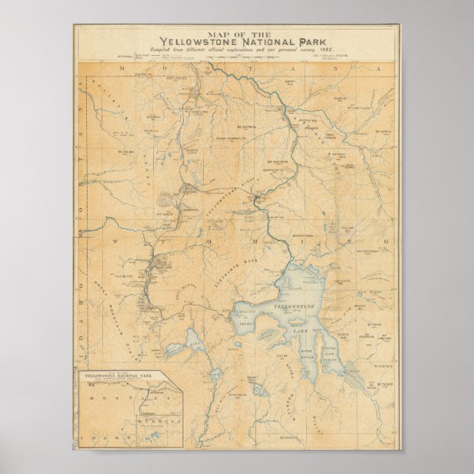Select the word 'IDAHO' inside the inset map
coord(93,439)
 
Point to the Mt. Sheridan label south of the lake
coord(237,395)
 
